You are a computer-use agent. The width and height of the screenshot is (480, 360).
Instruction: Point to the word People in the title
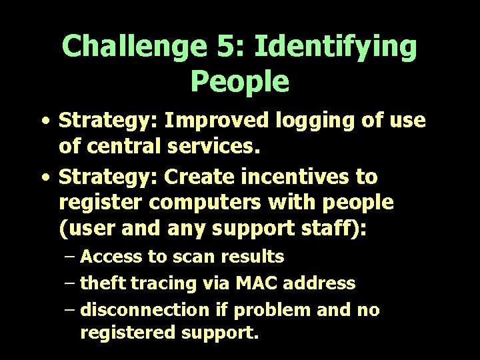[240, 81]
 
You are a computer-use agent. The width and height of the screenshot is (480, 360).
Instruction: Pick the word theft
[103, 283]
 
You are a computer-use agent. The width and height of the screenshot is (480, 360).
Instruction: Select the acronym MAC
[251, 283]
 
